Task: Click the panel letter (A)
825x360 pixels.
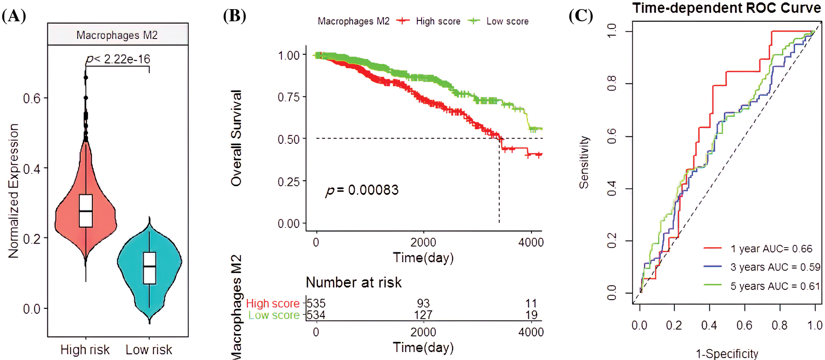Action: point(14,16)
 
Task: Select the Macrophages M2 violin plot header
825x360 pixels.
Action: point(117,35)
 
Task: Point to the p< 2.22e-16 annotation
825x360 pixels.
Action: point(118,59)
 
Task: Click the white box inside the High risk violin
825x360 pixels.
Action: point(86,211)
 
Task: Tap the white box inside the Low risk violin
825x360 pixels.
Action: point(149,268)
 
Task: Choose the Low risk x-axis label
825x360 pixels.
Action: point(149,350)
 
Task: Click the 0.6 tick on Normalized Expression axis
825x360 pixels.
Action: point(32,99)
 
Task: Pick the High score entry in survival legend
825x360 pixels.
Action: point(429,21)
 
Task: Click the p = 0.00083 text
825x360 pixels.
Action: point(362,190)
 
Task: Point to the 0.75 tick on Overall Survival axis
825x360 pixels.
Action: point(289,97)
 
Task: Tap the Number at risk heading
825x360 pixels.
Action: point(353,283)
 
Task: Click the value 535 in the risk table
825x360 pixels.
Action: point(316,303)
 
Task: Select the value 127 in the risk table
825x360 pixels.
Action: point(423,315)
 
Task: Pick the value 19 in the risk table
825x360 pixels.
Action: point(531,315)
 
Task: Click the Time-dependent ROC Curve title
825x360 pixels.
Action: point(726,8)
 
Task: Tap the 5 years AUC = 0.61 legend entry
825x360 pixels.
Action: point(762,286)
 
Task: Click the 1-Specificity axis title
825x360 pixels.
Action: point(727,354)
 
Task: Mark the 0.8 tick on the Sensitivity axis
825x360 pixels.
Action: point(612,83)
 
